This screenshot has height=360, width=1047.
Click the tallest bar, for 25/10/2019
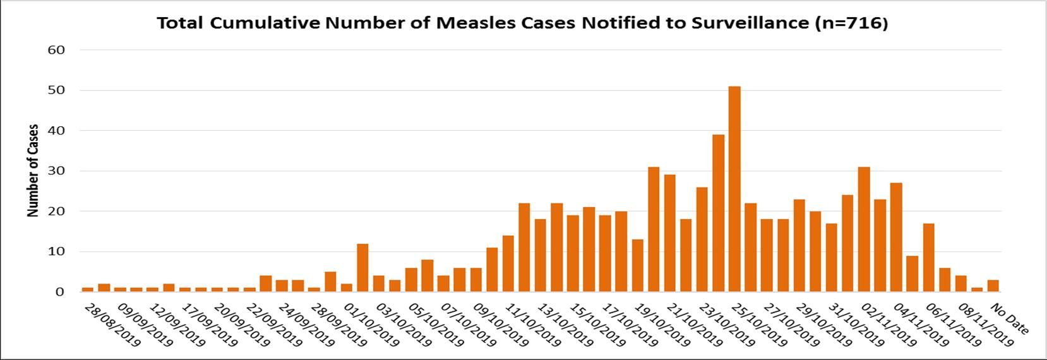(x=734, y=189)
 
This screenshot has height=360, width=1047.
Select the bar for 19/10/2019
(x=654, y=229)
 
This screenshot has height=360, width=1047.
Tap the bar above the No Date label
(x=993, y=286)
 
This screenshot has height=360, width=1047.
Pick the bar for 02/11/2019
(x=864, y=229)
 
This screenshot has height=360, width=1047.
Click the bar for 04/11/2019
(x=896, y=237)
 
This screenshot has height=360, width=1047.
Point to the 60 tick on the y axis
(x=56, y=50)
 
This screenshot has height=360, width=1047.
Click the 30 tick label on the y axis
(x=56, y=171)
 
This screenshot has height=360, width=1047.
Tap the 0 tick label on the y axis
(x=60, y=292)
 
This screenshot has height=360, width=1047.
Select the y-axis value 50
(x=56, y=90)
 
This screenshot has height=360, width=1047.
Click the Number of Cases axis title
(x=33, y=171)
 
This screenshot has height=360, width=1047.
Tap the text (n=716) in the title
(x=851, y=23)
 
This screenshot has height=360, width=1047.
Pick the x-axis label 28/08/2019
(x=112, y=325)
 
